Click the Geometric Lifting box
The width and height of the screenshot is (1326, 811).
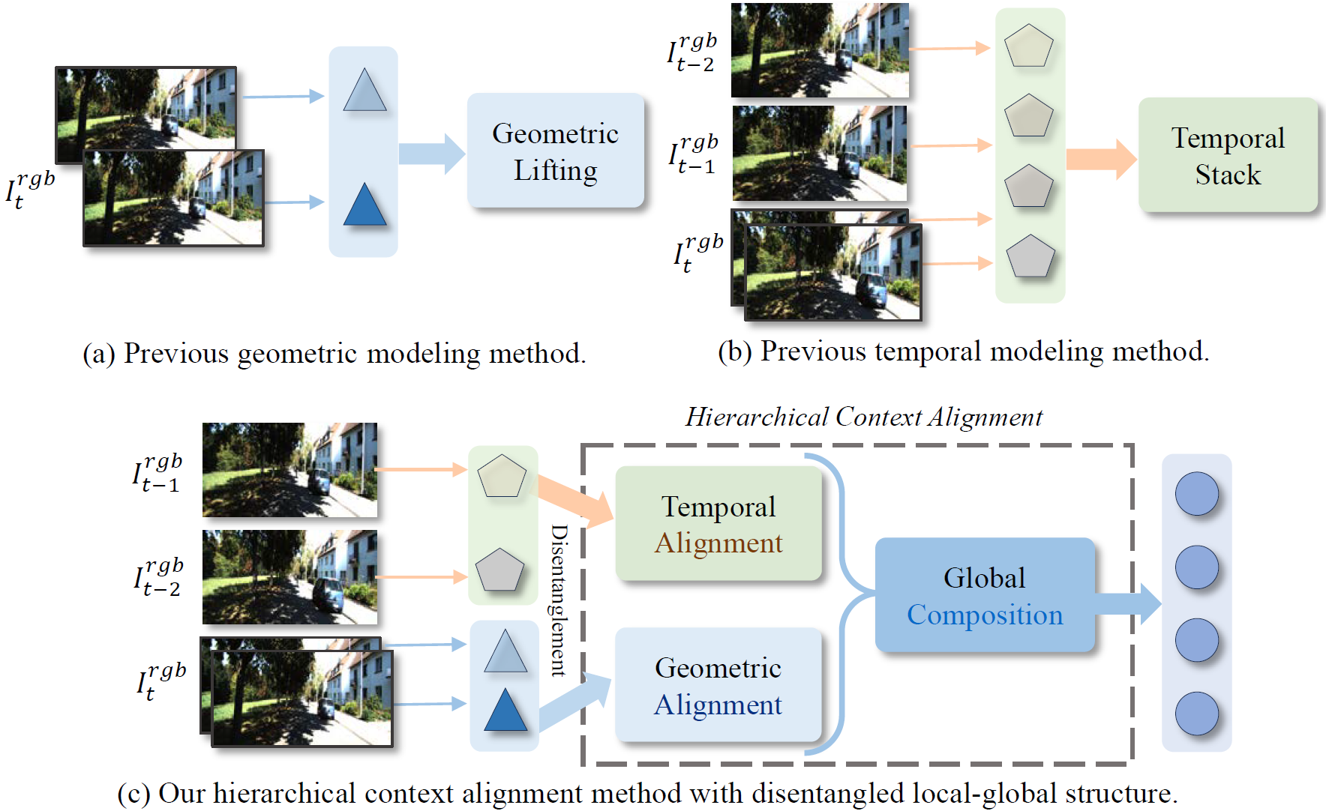[x=555, y=151]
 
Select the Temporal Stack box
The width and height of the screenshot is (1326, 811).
[x=1228, y=155]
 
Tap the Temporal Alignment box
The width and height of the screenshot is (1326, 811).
[x=718, y=524]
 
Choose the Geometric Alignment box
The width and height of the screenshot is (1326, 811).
[x=718, y=685]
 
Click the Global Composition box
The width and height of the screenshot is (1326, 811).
[x=985, y=595]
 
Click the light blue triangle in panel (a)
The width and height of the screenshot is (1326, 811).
[x=364, y=92]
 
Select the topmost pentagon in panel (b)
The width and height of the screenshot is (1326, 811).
[x=1029, y=46]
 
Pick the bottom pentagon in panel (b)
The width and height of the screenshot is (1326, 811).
[x=1030, y=257]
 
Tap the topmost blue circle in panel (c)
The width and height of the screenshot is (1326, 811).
[x=1196, y=494]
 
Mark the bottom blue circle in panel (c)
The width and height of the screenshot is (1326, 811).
[x=1196, y=714]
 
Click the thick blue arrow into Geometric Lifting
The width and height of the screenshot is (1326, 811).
[x=431, y=154]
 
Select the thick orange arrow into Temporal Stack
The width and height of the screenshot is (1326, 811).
[x=1100, y=159]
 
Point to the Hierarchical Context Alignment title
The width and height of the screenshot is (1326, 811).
[x=863, y=417]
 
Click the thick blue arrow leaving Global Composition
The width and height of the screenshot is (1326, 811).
[x=1128, y=603]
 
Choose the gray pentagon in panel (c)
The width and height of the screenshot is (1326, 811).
[x=499, y=570]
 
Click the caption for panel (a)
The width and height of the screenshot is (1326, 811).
[x=334, y=353]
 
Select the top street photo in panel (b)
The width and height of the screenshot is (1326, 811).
[x=819, y=50]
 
